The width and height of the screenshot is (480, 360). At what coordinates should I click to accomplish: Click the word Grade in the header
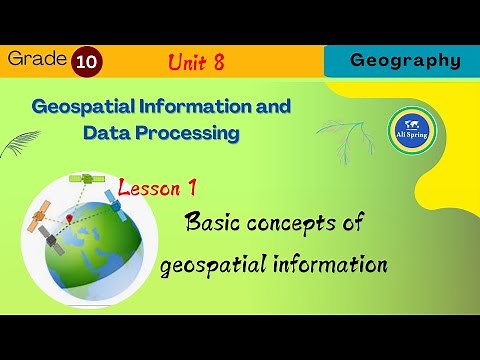[34, 59]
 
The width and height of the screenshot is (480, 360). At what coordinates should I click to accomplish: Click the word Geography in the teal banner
[405, 60]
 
